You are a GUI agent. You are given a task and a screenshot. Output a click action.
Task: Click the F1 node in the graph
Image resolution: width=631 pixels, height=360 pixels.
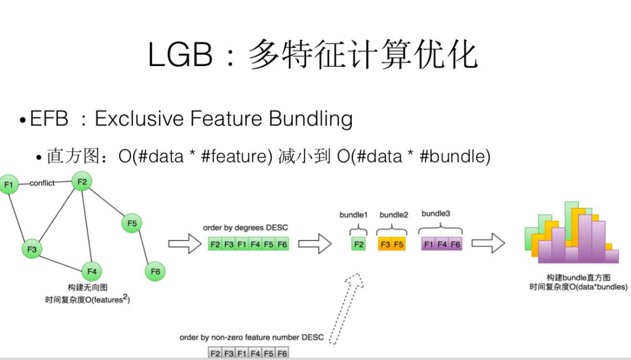pyautogui.click(x=8, y=185)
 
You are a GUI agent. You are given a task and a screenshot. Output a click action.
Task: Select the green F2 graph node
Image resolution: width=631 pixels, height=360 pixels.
pyautogui.click(x=82, y=182)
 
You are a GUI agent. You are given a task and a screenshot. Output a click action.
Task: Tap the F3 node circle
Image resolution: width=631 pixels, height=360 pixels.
pyautogui.click(x=32, y=250)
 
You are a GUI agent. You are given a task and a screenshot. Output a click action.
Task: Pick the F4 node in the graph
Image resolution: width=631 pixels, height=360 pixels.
pyautogui.click(x=91, y=271)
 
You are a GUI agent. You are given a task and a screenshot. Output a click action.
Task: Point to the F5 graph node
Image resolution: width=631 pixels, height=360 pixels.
pyautogui.click(x=132, y=223)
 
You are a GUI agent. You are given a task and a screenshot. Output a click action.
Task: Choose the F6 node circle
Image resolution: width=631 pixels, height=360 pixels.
pyautogui.click(x=155, y=271)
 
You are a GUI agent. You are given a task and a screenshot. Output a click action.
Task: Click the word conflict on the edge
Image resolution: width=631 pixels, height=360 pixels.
pyautogui.click(x=42, y=183)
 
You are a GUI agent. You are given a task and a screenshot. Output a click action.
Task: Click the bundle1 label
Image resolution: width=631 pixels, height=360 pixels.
pyautogui.click(x=353, y=214)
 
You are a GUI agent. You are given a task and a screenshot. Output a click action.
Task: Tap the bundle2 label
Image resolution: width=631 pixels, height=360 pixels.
pyautogui.click(x=394, y=214)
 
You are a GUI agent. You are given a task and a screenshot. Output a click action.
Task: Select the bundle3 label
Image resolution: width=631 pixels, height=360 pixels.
pyautogui.click(x=436, y=214)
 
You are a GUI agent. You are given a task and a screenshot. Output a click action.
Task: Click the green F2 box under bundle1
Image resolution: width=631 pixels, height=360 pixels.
pyautogui.click(x=358, y=244)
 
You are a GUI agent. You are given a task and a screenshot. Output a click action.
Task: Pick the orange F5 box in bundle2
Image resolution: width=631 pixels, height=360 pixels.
pyautogui.click(x=398, y=244)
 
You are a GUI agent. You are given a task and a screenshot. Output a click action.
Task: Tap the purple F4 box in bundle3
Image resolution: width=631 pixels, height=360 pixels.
pyautogui.click(x=442, y=244)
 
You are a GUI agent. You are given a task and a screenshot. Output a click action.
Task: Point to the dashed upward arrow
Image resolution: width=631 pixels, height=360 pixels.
pyautogui.click(x=345, y=307)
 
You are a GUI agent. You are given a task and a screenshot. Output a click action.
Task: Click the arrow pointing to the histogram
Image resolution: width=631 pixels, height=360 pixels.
pyautogui.click(x=488, y=243)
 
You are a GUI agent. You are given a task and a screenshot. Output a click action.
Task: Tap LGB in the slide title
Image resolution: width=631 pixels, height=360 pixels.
pyautogui.click(x=180, y=56)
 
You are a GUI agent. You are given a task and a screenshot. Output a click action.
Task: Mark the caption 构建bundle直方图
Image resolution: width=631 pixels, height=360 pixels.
pyautogui.click(x=578, y=277)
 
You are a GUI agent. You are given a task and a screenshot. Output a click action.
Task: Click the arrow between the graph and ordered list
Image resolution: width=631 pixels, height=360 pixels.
pyautogui.click(x=184, y=244)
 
